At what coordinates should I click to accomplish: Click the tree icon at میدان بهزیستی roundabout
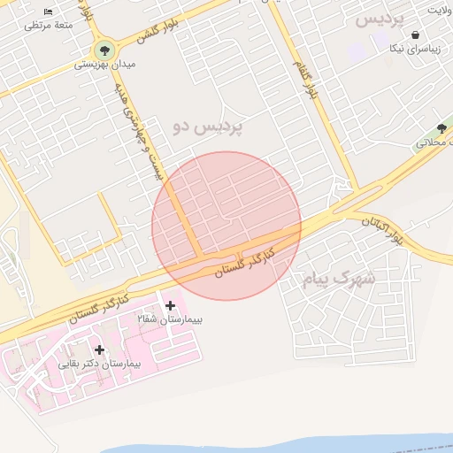click(x=104, y=49)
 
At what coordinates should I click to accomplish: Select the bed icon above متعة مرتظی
click(x=48, y=12)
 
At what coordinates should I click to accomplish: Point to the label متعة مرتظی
click(x=48, y=26)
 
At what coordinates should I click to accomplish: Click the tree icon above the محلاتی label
click(x=441, y=129)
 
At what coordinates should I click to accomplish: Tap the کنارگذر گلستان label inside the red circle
click(x=245, y=261)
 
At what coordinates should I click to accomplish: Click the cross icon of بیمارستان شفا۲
click(x=170, y=305)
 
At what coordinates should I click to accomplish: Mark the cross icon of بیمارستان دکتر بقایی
click(x=99, y=350)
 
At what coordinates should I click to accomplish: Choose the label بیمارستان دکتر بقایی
click(x=99, y=364)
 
